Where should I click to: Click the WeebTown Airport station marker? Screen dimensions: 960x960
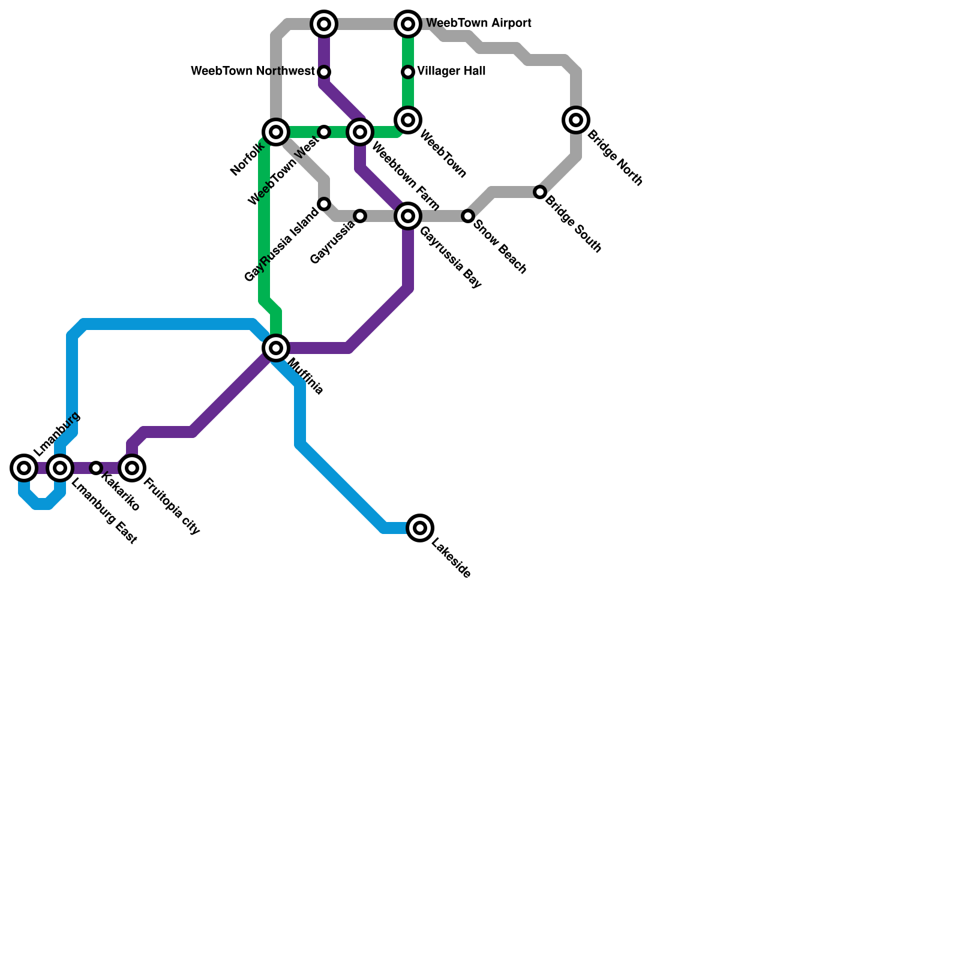click(408, 24)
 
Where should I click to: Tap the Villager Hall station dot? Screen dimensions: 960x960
click(408, 72)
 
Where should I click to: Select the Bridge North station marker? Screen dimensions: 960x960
click(576, 120)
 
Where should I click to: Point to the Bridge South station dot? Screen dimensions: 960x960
click(540, 192)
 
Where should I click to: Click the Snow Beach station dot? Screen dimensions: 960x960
click(468, 216)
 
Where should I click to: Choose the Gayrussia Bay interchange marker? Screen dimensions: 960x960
click(408, 216)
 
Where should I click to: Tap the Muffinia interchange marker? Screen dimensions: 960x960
click(276, 348)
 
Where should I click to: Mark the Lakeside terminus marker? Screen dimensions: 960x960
click(421, 528)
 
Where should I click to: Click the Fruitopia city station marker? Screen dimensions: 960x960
click(132, 468)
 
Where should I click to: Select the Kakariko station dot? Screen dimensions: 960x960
click(96, 468)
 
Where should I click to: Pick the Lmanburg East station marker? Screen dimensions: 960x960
click(60, 468)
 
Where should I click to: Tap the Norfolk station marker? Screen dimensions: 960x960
click(276, 132)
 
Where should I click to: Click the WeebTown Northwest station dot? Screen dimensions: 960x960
click(324, 72)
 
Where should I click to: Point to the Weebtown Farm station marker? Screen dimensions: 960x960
click(360, 132)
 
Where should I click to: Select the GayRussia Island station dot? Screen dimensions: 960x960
click(324, 204)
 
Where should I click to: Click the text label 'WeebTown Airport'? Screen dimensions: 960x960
click(478, 23)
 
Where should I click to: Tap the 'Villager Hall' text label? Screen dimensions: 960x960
click(451, 71)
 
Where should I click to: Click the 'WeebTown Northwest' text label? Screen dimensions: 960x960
click(253, 71)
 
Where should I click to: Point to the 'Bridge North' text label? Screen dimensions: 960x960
click(614, 158)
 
